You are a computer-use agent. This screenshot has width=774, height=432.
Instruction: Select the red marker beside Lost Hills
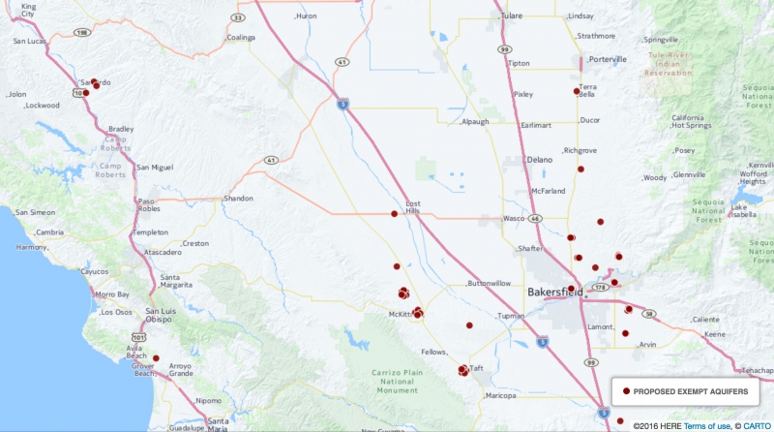pyautogui.click(x=394, y=214)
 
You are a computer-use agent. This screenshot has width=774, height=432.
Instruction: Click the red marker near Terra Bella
pyautogui.click(x=577, y=91)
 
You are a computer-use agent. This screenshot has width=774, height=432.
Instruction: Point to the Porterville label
pyautogui.click(x=607, y=59)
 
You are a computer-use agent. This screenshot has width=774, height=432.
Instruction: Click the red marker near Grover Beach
pyautogui.click(x=156, y=357)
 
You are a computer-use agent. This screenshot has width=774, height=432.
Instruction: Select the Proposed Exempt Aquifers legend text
pyautogui.click(x=690, y=390)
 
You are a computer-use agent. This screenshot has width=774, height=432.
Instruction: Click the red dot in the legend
pyautogui.click(x=626, y=390)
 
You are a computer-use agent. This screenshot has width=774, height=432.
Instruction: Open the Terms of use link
pyautogui.click(x=705, y=425)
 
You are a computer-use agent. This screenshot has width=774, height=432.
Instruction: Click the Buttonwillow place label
pyautogui.click(x=489, y=284)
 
